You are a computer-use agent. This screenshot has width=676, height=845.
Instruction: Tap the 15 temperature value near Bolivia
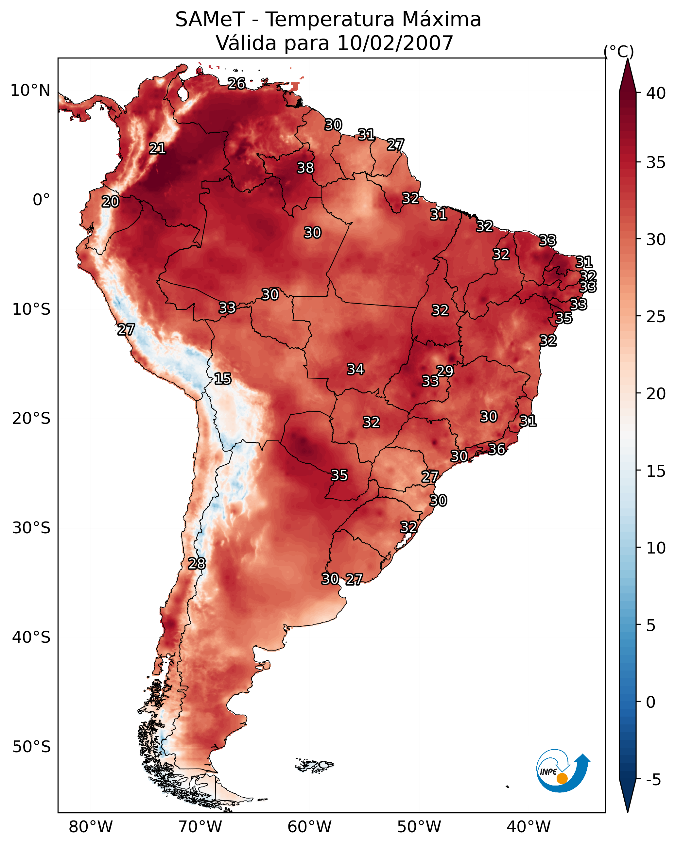click(x=222, y=379)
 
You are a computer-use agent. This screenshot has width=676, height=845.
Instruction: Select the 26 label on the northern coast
click(x=236, y=83)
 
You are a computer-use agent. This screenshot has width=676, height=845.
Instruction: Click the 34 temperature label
click(x=355, y=369)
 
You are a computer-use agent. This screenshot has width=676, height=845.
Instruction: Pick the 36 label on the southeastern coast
click(x=496, y=449)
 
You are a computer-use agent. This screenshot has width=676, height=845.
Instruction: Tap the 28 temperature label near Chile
click(x=197, y=564)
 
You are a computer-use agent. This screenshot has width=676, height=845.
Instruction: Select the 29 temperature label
click(x=445, y=371)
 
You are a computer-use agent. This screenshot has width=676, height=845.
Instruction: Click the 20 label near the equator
click(x=110, y=202)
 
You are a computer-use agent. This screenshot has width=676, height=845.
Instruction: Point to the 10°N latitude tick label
click(x=30, y=91)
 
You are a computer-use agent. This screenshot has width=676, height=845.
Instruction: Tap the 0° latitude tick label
click(x=42, y=200)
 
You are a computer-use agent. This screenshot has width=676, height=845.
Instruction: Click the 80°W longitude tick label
click(x=91, y=827)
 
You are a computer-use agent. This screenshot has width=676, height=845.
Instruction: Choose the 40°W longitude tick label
click(x=529, y=827)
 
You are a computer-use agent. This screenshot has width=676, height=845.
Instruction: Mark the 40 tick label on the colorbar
click(x=656, y=93)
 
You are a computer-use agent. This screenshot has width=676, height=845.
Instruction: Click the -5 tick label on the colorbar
click(x=654, y=780)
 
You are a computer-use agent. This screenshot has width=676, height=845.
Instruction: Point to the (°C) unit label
click(x=619, y=51)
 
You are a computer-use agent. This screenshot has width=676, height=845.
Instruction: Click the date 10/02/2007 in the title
click(x=395, y=43)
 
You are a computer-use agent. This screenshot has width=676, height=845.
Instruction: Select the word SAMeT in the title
click(x=210, y=20)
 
